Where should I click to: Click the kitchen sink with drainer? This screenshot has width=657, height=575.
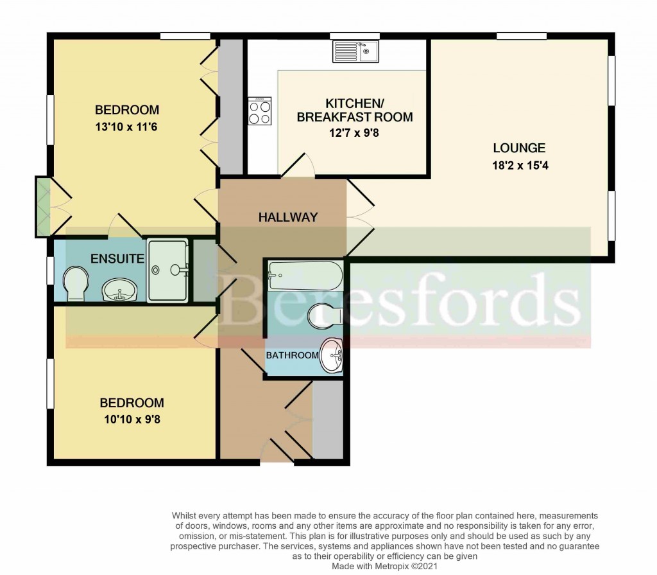pyautogui.click(x=355, y=51)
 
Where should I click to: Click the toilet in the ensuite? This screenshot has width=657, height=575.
pyautogui.click(x=75, y=283)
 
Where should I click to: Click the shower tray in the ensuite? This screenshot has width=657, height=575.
pyautogui.click(x=168, y=270)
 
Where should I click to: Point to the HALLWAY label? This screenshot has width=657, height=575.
pyautogui.click(x=288, y=217)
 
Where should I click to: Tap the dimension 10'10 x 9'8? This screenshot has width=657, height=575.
pyautogui.click(x=132, y=420)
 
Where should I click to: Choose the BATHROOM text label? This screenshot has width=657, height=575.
pyautogui.click(x=292, y=355)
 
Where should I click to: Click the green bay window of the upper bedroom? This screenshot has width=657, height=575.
pyautogui.click(x=43, y=206)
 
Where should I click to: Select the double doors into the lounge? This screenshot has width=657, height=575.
pyautogui.click(x=359, y=218)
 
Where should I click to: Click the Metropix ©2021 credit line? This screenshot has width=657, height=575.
pyautogui.click(x=384, y=566)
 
